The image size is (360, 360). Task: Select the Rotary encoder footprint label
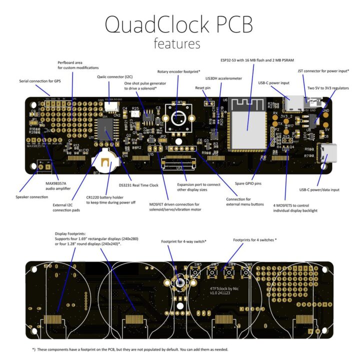(178, 71)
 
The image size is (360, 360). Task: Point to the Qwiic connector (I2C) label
(115, 77)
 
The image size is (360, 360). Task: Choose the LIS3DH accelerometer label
(223, 78)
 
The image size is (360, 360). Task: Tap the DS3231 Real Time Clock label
(138, 185)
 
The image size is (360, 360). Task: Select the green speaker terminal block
(44, 165)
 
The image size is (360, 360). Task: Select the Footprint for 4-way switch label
(184, 241)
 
